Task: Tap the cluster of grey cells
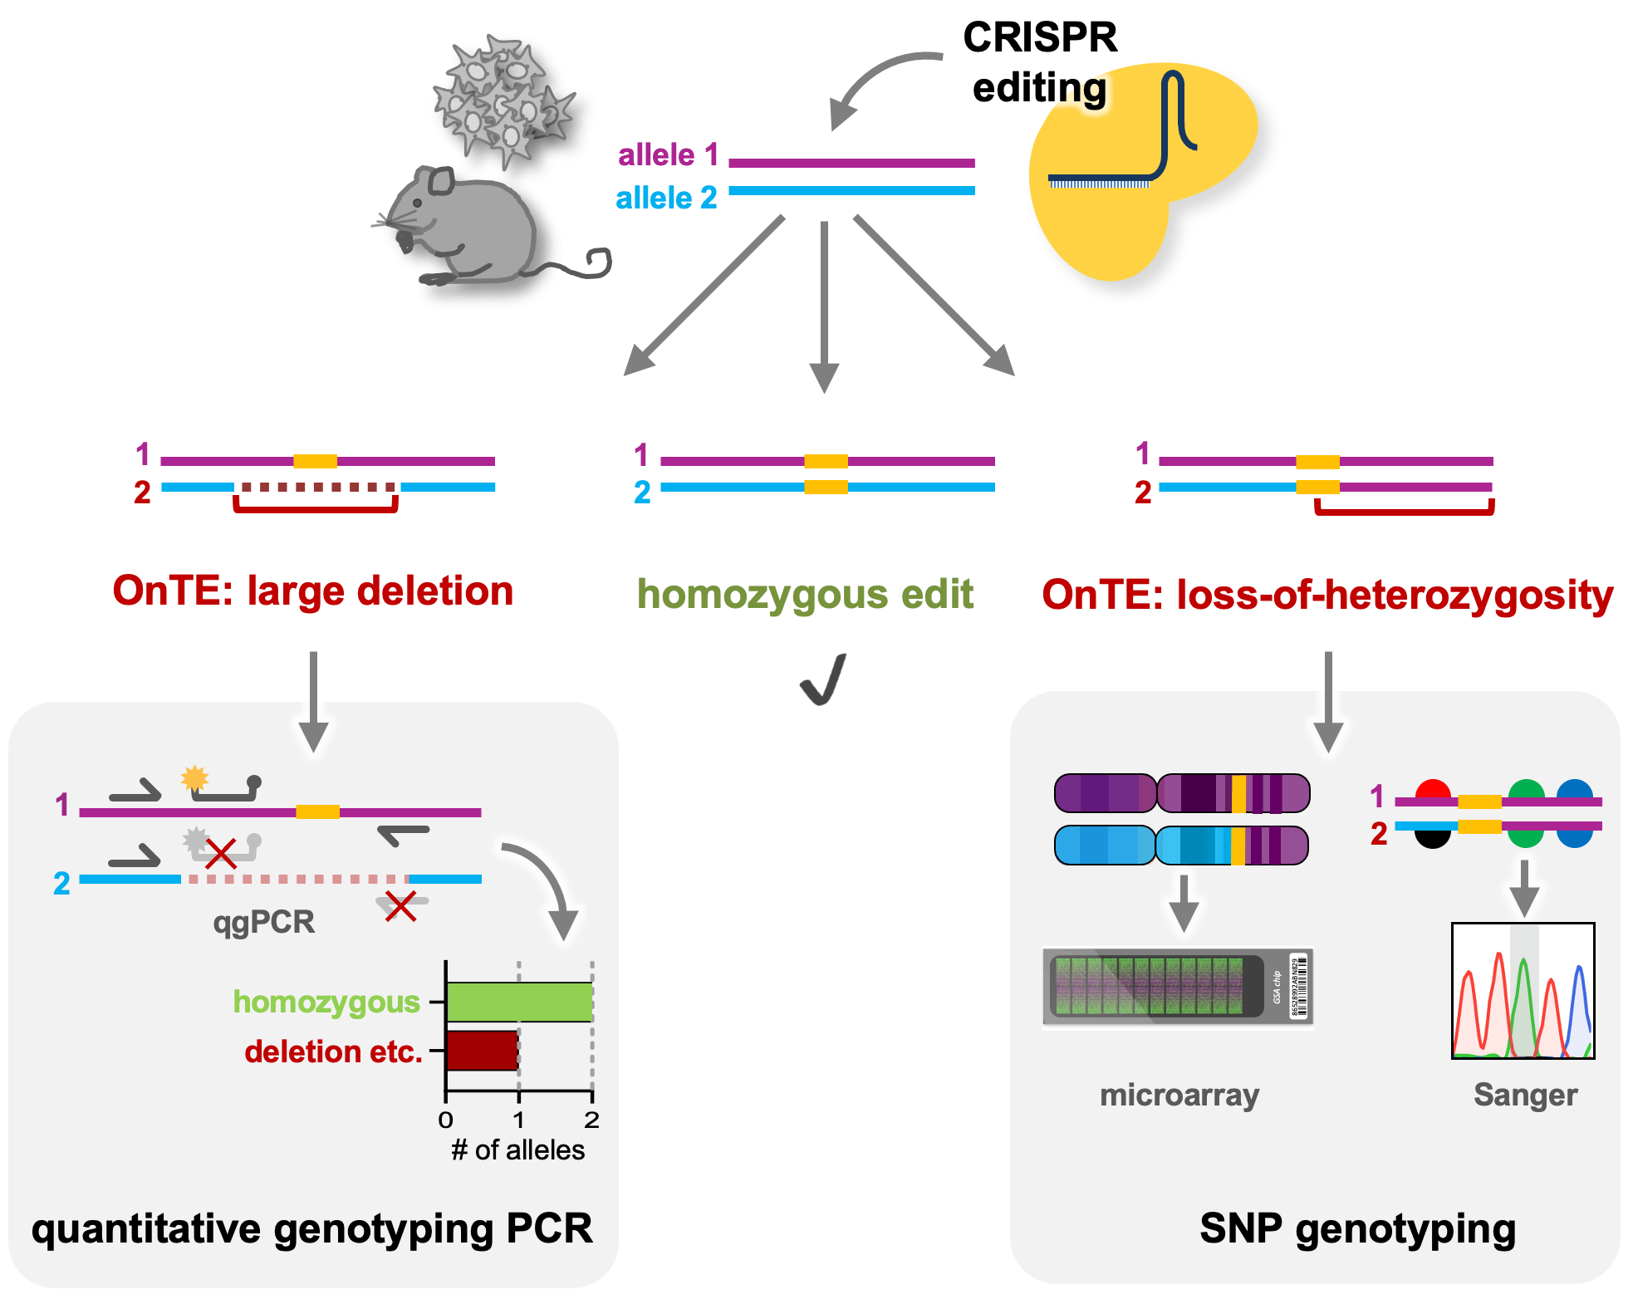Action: tap(503, 100)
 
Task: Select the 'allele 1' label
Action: tap(668, 154)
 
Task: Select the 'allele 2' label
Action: tap(666, 198)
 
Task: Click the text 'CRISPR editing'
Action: tap(1039, 62)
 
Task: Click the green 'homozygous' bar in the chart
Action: tap(519, 1002)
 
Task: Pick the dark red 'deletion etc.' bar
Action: tap(483, 1051)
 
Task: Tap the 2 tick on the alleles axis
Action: tap(591, 1120)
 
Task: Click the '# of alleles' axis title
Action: tap(517, 1150)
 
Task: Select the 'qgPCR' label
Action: tap(264, 922)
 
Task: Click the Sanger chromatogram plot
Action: tap(1523, 990)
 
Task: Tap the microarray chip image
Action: tap(1177, 987)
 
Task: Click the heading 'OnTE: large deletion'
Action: tap(312, 591)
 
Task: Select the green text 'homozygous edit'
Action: tap(804, 595)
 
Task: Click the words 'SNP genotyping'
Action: tap(1357, 1228)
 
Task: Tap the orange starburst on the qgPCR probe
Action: tap(194, 777)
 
